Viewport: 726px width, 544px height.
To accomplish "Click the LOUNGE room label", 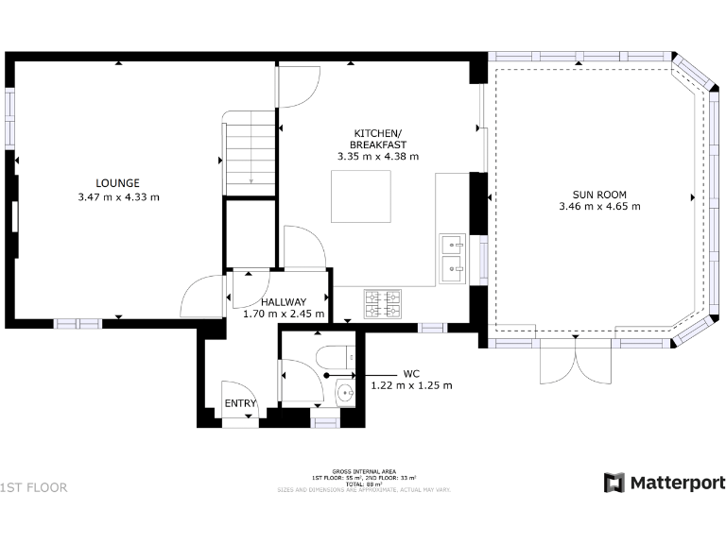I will (x=117, y=183).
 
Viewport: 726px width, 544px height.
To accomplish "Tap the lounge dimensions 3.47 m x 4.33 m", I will (x=118, y=197).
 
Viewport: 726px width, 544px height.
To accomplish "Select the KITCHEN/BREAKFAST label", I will (x=378, y=138).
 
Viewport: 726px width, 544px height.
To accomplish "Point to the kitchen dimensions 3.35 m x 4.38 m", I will (x=378, y=156).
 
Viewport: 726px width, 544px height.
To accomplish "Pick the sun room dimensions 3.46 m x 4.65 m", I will (x=598, y=206).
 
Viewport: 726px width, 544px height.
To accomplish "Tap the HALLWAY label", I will (x=284, y=301).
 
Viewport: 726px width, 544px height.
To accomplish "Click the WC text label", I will (x=410, y=373).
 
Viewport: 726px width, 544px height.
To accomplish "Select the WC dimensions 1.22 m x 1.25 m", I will (x=410, y=385).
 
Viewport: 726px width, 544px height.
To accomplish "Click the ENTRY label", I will (x=239, y=404).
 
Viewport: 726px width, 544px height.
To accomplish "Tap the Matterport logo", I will (x=665, y=483).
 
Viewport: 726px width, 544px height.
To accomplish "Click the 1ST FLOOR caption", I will (x=34, y=487).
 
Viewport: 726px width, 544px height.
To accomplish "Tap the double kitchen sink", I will (x=453, y=258).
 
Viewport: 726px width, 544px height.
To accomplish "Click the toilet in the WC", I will (x=336, y=358).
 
